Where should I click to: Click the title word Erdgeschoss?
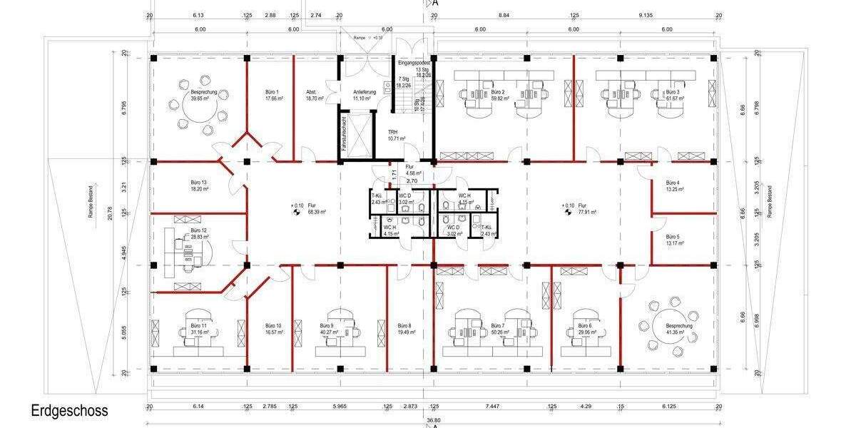pyautogui.click(x=69, y=411)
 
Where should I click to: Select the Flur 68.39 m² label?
pyautogui.click(x=312, y=208)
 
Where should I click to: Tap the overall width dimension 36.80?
pyautogui.click(x=432, y=420)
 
